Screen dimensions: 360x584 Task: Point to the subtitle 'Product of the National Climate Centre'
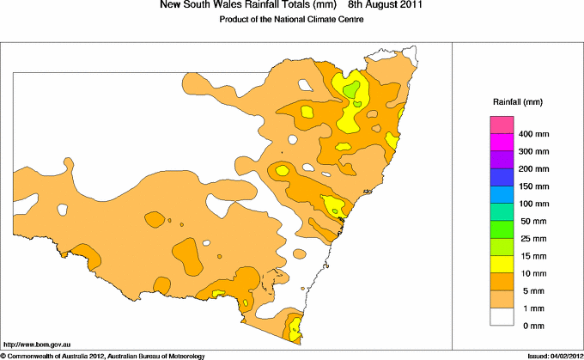pyautogui.click(x=292, y=19)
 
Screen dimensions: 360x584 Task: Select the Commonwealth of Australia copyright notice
pyautogui.click(x=102, y=355)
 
